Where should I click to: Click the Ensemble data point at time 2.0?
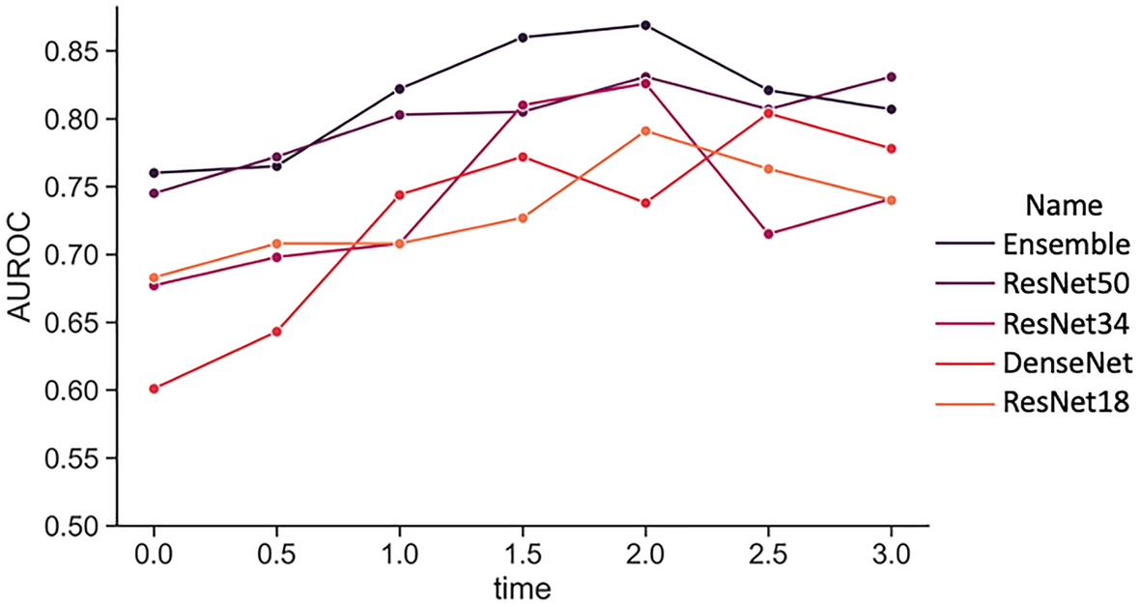(645, 25)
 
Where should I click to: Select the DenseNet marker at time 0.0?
(154, 389)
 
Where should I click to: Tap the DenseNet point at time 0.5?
(276, 332)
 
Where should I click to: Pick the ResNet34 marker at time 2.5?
(768, 234)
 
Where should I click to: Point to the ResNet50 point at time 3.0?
(891, 77)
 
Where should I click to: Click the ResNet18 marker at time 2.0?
(645, 130)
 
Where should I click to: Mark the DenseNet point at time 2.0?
(645, 203)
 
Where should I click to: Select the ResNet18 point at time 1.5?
(523, 217)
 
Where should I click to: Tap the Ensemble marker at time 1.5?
(523, 38)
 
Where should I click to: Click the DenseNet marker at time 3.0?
(891, 149)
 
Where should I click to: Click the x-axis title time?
(523, 586)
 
